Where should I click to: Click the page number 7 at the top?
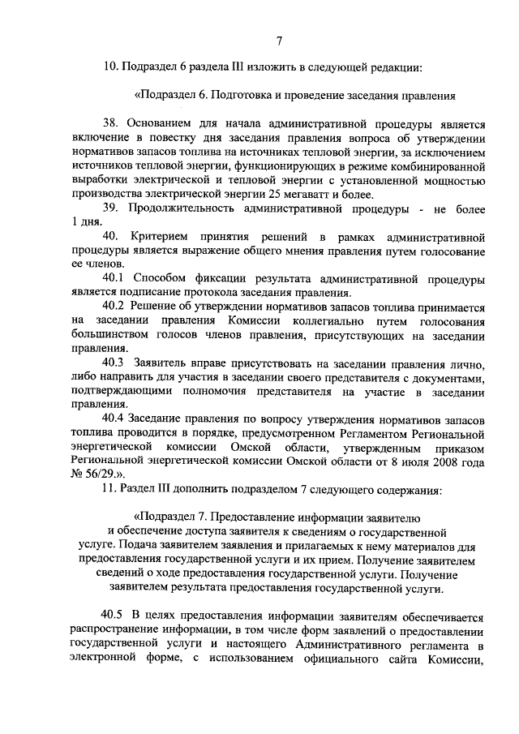click(278, 41)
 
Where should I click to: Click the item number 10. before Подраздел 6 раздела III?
click(110, 67)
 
